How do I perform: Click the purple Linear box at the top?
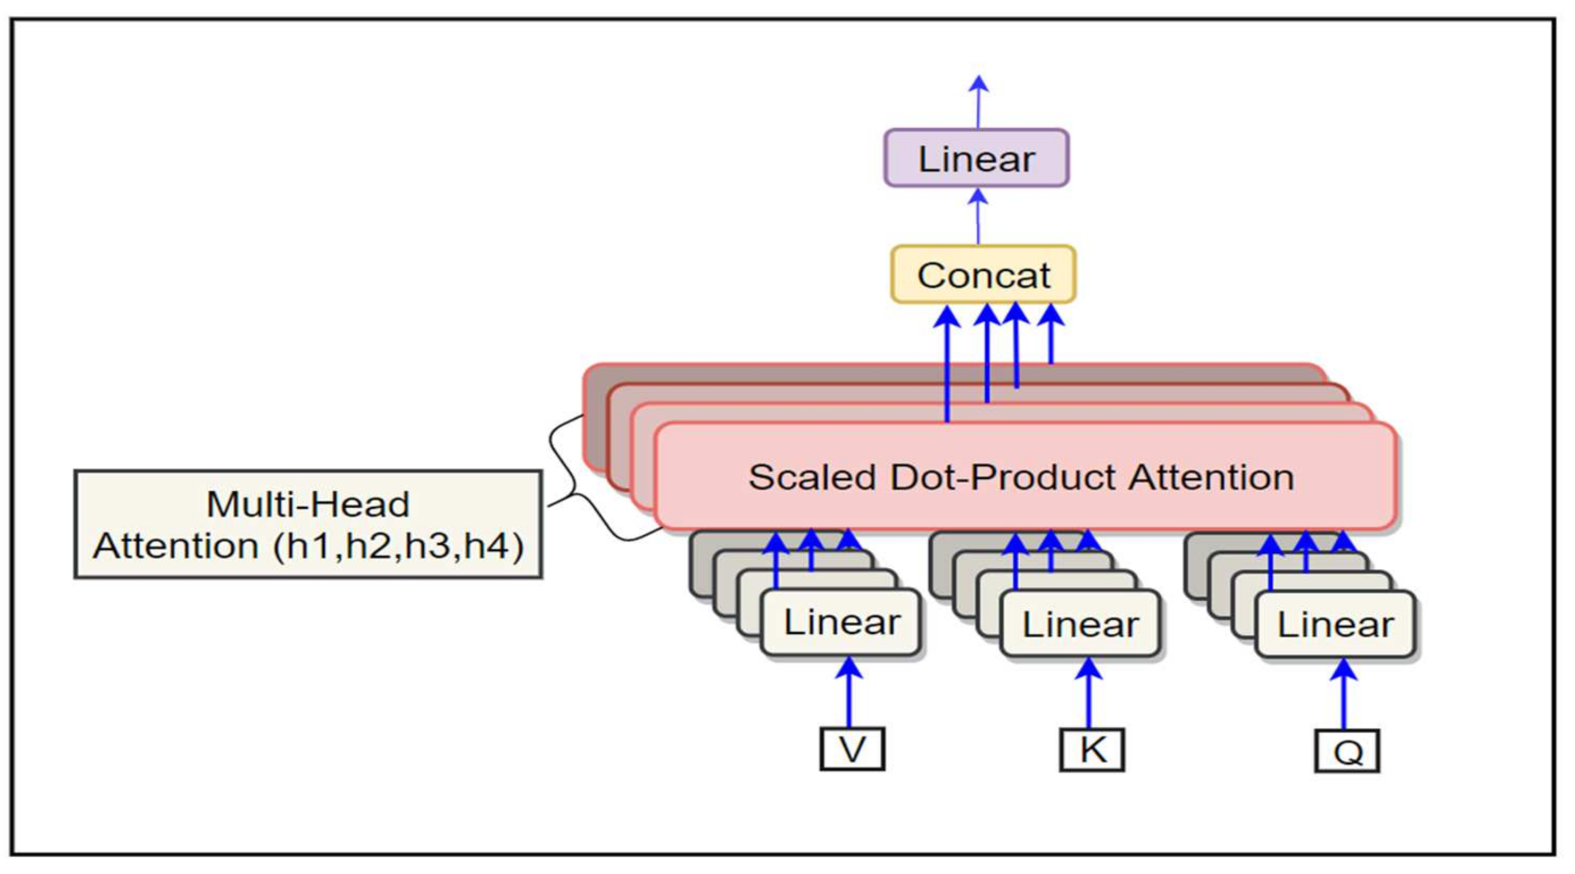pos(976,158)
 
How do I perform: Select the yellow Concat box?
pos(983,275)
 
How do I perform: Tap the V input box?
pos(852,749)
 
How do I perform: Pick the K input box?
pos(1092,750)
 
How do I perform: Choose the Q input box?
pos(1347,751)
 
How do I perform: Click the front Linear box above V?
pos(841,622)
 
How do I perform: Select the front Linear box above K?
pos(1080,624)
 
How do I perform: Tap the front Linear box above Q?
pos(1334,624)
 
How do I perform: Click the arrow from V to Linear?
pos(849,693)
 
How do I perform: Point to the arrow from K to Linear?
pos(1089,694)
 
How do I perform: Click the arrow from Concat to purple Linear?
pos(978,216)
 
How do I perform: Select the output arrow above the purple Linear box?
pos(979,102)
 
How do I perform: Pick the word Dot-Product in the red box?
pos(1003,477)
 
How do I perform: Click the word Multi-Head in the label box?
pos(307,504)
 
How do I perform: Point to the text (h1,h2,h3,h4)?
pos(399,546)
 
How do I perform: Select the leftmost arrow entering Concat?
pos(947,362)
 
